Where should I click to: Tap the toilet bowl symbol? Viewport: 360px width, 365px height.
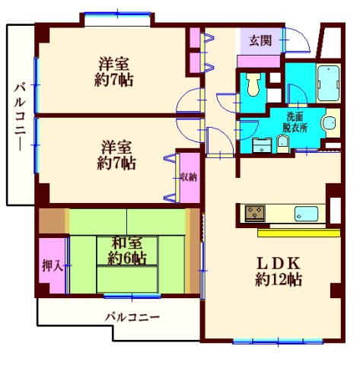[253, 84]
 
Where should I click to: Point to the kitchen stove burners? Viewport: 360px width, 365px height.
[253, 212]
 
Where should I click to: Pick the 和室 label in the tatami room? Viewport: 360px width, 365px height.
[126, 243]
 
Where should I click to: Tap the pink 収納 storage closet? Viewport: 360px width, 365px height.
[189, 177]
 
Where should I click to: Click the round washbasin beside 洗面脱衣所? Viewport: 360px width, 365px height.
[330, 123]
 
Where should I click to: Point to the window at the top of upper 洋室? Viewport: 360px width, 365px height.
[116, 14]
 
